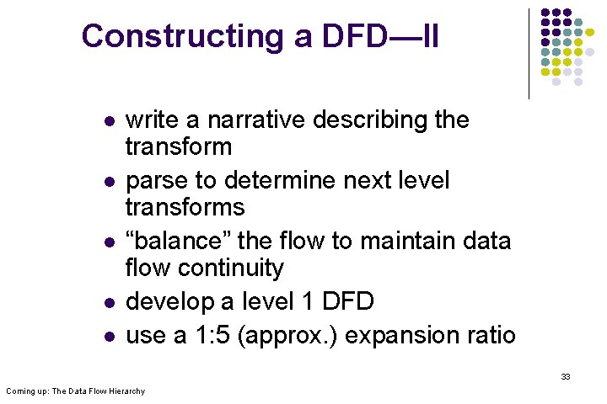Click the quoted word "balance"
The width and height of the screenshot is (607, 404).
[x=177, y=242]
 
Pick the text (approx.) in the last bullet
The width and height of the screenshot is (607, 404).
[x=288, y=336]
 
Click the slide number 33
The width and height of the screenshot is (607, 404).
[x=565, y=376]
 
